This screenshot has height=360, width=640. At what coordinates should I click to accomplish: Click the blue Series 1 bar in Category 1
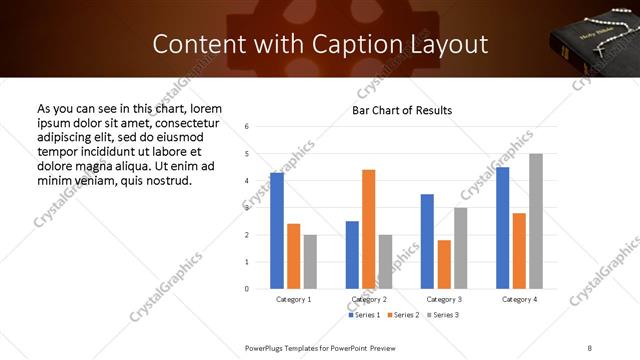point(277,231)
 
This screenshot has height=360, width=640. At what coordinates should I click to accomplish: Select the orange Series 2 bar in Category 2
point(369,229)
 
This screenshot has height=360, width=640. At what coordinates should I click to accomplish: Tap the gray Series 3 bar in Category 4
point(536,221)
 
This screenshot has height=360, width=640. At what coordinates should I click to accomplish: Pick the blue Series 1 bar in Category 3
point(427,241)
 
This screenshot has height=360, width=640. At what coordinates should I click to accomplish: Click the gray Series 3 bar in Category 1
point(310,262)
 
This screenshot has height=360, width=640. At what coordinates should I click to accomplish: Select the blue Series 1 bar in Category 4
point(502,228)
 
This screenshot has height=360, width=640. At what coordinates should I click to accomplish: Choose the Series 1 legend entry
point(364,315)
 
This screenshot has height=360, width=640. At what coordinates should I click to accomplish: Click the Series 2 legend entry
point(405,315)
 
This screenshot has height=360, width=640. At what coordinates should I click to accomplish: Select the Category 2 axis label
point(369,299)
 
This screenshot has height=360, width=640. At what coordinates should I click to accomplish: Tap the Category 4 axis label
point(519,299)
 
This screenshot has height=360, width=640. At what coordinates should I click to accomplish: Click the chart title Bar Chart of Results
point(402,110)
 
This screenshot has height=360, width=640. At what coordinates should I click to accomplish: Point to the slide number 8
point(590,347)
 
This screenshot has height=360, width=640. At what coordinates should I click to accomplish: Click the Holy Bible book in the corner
point(590,45)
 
